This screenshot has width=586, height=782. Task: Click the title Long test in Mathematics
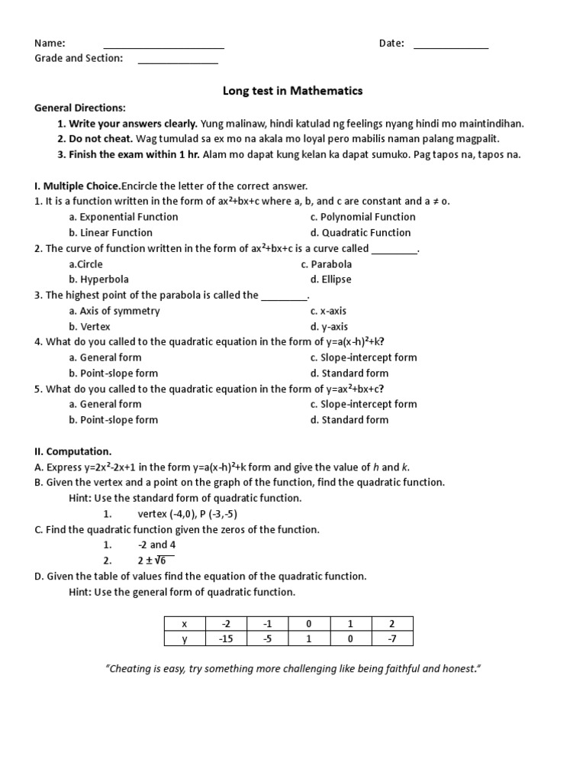tap(292, 91)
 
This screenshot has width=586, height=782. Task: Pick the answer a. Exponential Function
tap(123, 217)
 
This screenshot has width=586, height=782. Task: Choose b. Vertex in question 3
tap(90, 326)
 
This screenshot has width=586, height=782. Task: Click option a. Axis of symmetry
tap(114, 311)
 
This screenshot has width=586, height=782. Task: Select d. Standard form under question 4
tap(349, 373)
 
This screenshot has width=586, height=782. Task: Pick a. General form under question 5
tap(105, 404)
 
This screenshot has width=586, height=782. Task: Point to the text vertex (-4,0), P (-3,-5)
tap(193, 513)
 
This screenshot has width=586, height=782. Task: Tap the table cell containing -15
tap(225, 638)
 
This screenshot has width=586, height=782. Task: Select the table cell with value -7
tap(391, 638)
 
